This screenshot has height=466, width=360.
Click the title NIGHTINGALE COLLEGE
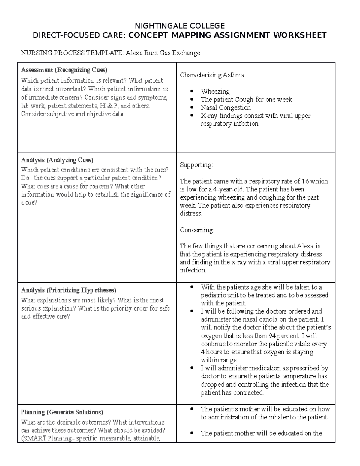(180, 26)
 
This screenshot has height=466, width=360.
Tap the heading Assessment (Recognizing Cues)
(64, 70)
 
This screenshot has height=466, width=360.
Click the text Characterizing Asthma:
(213, 75)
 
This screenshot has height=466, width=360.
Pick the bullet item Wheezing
(215, 91)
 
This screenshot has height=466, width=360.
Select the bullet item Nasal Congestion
(226, 107)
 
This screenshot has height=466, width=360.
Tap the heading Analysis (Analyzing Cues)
(57, 160)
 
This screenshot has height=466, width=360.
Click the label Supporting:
(196, 165)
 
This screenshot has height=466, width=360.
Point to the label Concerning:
(197, 230)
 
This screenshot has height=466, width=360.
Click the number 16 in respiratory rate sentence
(305, 181)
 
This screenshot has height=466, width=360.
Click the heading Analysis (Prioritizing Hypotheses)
(68, 290)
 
